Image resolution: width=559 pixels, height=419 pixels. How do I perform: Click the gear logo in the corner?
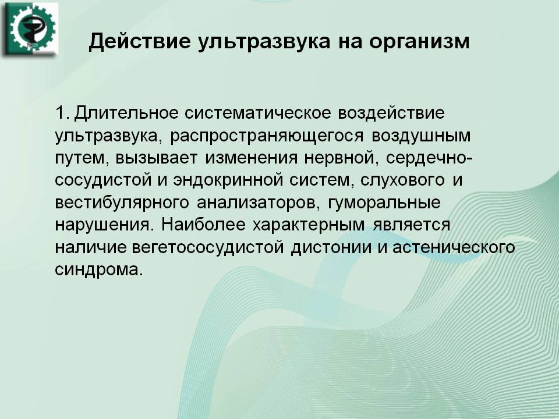coord(31,29)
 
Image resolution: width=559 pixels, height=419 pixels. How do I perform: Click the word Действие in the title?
coord(139,41)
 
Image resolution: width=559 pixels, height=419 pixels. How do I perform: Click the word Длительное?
coord(126,113)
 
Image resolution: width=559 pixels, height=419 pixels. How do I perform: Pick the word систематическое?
coord(258,113)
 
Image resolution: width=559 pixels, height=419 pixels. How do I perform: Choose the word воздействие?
coord(391,113)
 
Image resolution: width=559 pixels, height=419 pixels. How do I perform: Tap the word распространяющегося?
coord(267,136)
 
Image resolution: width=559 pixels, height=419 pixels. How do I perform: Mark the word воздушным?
coord(421,136)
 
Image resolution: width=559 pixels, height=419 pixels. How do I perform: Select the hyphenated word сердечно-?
coord(429,158)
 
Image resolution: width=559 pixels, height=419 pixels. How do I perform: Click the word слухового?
coord(402,180)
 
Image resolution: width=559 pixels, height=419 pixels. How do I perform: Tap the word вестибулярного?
coord(122,203)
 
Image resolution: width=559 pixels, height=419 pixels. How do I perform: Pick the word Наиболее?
coord(203,225)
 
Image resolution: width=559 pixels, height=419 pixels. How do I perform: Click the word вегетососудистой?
coord(208,247)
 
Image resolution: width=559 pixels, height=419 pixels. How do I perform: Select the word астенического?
coord(454,247)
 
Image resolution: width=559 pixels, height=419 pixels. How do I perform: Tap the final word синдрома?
coord(99,269)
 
